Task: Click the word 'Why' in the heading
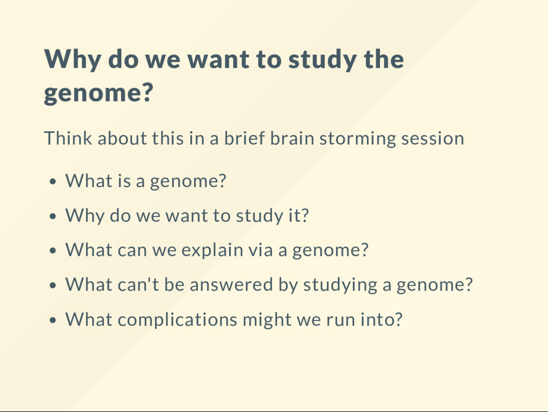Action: click(73, 59)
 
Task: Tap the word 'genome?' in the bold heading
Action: click(98, 93)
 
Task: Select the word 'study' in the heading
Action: click(322, 59)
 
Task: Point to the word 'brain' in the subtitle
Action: click(292, 138)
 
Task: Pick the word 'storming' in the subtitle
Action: click(357, 139)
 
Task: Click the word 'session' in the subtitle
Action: click(432, 139)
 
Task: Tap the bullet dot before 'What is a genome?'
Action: click(53, 182)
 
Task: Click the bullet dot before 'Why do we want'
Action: click(53, 216)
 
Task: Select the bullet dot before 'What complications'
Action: click(53, 320)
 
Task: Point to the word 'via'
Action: click(261, 250)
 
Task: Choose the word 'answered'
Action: click(231, 284)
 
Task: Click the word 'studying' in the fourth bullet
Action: click(340, 285)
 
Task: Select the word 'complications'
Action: click(178, 320)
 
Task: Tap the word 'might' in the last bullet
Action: click(267, 320)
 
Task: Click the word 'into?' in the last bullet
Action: click(382, 319)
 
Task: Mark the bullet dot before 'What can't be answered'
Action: click(53, 286)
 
